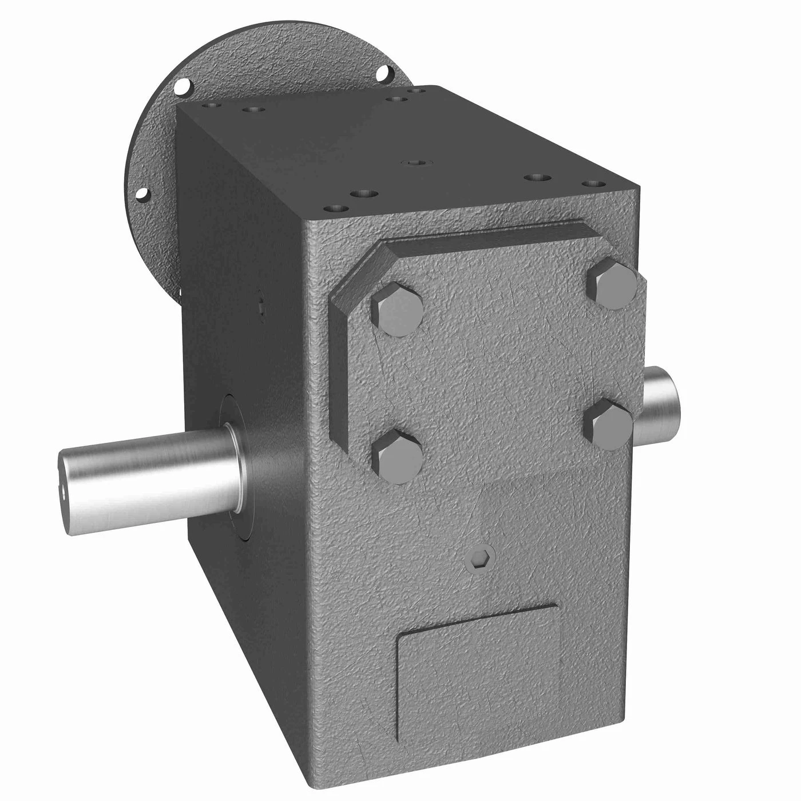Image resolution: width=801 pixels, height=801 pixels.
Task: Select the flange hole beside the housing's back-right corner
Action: (385, 73)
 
